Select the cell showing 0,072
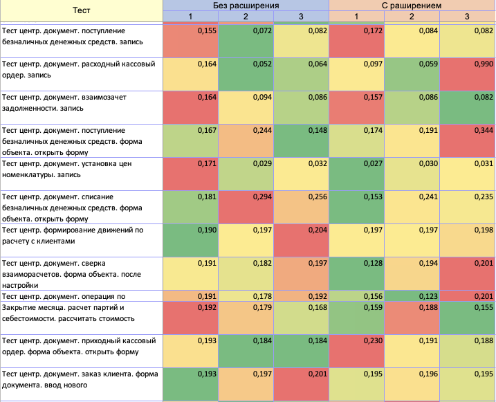(x=246, y=41)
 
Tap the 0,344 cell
(x=468, y=140)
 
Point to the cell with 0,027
(x=357, y=174)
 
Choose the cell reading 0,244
(x=246, y=140)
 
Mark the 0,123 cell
(x=412, y=296)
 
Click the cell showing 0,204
(x=302, y=240)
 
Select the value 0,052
(x=246, y=74)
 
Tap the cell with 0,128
(x=357, y=273)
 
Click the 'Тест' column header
(x=82, y=11)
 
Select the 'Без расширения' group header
(x=246, y=5)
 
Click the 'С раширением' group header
(x=412, y=5)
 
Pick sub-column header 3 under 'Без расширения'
(x=302, y=16)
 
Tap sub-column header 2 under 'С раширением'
(x=412, y=16)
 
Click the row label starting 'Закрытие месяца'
(x=82, y=313)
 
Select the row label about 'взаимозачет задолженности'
(x=82, y=107)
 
